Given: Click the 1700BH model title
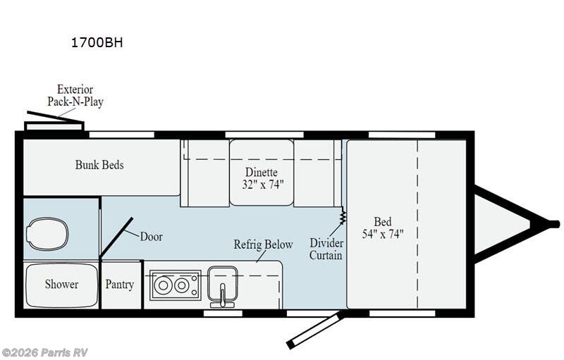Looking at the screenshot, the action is pyautogui.click(x=97, y=42).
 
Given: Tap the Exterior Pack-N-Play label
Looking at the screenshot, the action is pyautogui.click(x=75, y=95).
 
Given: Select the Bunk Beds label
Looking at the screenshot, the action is pyautogui.click(x=99, y=165).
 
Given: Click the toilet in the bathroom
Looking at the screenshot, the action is pyautogui.click(x=47, y=235).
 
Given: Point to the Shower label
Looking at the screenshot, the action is pyautogui.click(x=61, y=284).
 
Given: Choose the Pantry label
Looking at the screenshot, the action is pyautogui.click(x=119, y=285).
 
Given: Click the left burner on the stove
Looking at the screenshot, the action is pyautogui.click(x=163, y=285).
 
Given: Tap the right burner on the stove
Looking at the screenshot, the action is pyautogui.click(x=182, y=285).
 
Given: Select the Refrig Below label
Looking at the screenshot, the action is pyautogui.click(x=263, y=244).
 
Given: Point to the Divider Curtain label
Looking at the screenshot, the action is pyautogui.click(x=326, y=249).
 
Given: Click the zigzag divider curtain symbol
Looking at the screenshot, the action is pyautogui.click(x=343, y=216).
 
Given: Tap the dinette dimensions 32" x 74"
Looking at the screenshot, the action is pyautogui.click(x=262, y=185).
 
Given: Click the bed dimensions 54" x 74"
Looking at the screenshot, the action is pyautogui.click(x=383, y=234).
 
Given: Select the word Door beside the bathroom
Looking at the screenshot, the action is pyautogui.click(x=151, y=237).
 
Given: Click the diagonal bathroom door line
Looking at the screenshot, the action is pyautogui.click(x=116, y=237).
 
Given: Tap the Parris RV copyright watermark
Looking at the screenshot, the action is pyautogui.click(x=44, y=352).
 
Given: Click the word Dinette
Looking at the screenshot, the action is pyautogui.click(x=262, y=172).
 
